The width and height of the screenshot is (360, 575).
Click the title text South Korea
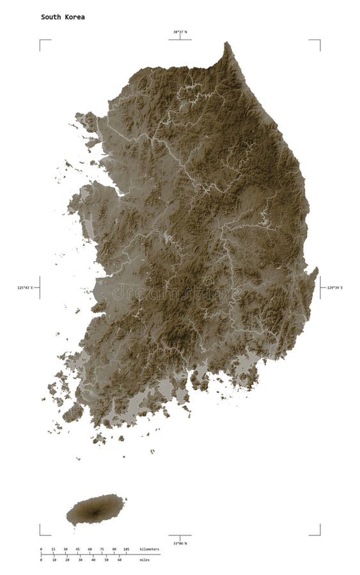click(x=63, y=17)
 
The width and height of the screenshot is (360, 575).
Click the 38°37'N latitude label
click(x=180, y=31)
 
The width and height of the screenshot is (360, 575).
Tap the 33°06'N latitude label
click(x=180, y=543)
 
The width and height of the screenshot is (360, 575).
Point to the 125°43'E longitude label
click(x=26, y=288)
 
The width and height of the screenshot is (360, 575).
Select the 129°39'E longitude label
click(x=334, y=288)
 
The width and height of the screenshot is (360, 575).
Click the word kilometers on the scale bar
click(x=150, y=549)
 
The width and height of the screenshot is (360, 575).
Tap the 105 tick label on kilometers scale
click(x=126, y=549)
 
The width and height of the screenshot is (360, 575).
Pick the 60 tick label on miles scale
click(x=120, y=560)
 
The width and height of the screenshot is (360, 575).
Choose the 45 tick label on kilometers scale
click(x=77, y=549)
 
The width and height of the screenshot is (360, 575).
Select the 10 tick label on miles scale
click(x=54, y=560)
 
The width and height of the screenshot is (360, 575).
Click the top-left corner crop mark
click(x=41, y=40)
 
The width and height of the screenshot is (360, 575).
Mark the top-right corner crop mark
click(x=319, y=40)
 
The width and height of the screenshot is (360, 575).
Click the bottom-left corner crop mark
click(x=41, y=534)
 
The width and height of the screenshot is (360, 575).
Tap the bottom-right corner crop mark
click(x=319, y=534)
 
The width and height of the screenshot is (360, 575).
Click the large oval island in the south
click(x=95, y=509)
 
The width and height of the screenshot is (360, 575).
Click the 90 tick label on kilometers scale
click(x=114, y=549)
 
